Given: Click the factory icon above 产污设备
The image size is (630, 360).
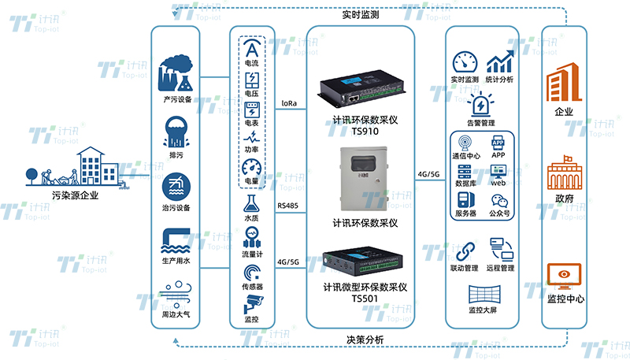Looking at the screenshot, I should click(176, 73).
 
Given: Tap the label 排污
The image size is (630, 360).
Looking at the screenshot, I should click(176, 156).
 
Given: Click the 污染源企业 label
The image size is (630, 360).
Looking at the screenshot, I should click(75, 195).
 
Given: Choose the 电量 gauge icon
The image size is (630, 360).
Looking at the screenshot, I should click(252, 169).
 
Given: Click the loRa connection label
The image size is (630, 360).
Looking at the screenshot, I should click(289, 102).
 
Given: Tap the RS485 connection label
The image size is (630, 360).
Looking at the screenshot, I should click(288, 206).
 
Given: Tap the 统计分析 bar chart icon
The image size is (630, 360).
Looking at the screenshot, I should click(500, 63).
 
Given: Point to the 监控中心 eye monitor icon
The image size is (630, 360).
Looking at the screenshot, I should click(564, 277).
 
